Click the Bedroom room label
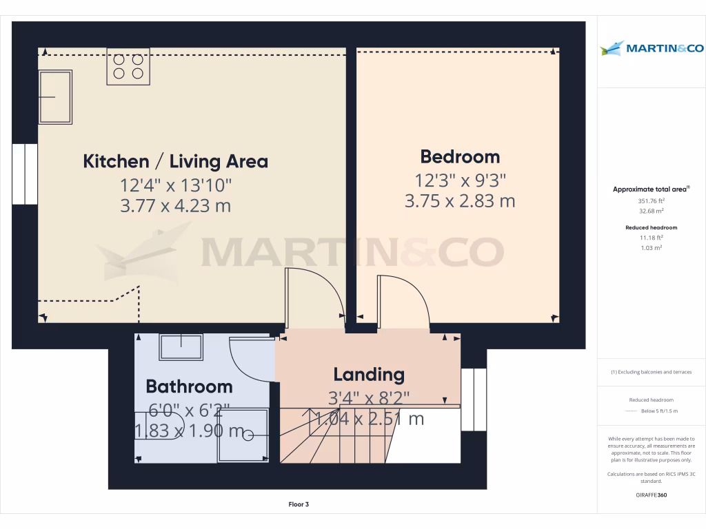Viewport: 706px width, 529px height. [x=460, y=156]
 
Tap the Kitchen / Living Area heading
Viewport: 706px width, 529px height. [x=175, y=162]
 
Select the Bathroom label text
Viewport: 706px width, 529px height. [x=189, y=386]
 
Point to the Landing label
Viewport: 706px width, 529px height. [x=369, y=375]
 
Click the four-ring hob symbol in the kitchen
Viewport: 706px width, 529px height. [x=128, y=66]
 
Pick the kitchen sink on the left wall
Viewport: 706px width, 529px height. [x=55, y=97]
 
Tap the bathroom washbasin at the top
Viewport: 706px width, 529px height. [x=181, y=346]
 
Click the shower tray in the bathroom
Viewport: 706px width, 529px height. [x=243, y=434]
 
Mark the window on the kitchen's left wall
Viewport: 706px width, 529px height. [x=25, y=174]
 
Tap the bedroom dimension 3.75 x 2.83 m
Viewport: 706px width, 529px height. [x=460, y=201]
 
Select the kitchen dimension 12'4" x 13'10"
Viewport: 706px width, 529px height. [x=175, y=185]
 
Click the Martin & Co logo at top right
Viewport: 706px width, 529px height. [x=652, y=48]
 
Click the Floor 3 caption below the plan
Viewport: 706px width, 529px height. [x=299, y=504]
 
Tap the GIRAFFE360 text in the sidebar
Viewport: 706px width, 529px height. [x=651, y=495]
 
